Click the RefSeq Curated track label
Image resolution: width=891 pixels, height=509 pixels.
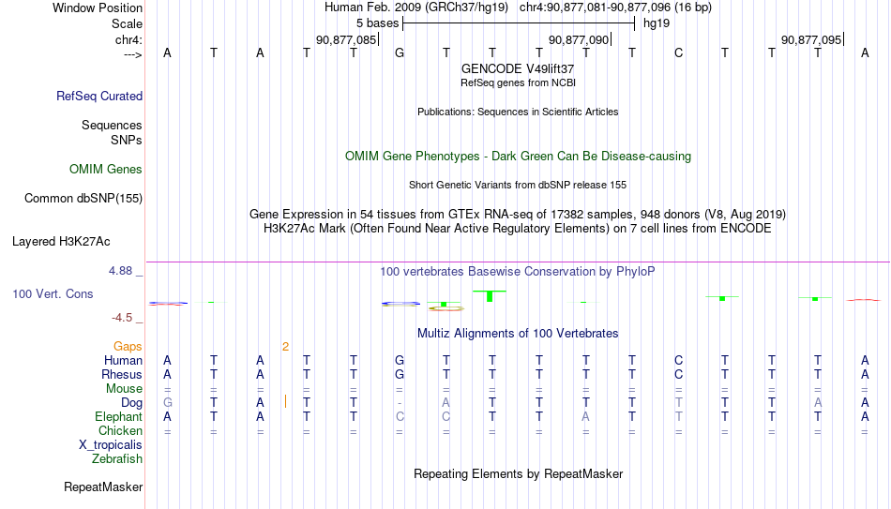tap(98, 96)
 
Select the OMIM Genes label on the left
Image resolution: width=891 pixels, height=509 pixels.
tap(106, 170)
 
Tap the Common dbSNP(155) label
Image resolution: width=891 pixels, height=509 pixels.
tap(83, 199)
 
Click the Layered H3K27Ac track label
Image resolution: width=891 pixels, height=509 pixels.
tap(61, 242)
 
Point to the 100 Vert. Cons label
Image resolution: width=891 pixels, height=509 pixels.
tap(53, 293)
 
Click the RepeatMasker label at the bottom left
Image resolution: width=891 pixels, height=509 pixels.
tap(103, 487)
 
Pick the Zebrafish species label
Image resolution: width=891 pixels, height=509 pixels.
tap(117, 458)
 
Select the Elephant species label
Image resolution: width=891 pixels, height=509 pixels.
tap(118, 416)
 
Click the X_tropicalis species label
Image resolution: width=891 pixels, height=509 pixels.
tap(111, 445)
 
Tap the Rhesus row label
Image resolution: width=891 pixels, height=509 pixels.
tap(122, 374)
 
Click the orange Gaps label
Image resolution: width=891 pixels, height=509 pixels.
tap(128, 347)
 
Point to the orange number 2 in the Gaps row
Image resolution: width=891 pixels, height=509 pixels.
tap(285, 347)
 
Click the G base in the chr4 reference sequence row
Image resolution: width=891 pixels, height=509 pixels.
tap(400, 52)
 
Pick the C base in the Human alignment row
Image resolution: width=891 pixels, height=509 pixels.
tap(678, 360)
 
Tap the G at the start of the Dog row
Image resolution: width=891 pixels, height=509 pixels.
tap(167, 402)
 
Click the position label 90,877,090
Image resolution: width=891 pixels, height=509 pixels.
tap(579, 39)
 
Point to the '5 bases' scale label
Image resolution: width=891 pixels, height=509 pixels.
tap(377, 23)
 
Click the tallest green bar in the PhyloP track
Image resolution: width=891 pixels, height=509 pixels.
tap(490, 296)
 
